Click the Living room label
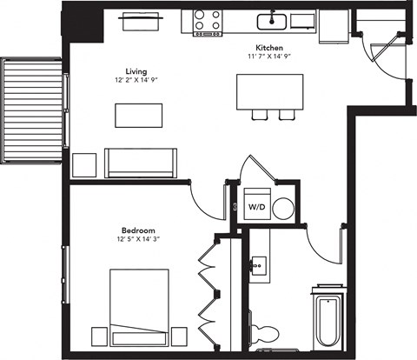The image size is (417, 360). click(x=134, y=71)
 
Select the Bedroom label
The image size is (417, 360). click(x=132, y=231)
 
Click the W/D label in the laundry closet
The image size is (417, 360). click(x=257, y=208)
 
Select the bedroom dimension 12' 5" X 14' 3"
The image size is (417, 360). click(x=132, y=241)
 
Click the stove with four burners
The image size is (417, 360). click(x=207, y=21)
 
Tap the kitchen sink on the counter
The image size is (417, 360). click(x=272, y=21)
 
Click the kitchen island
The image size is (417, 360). click(x=269, y=90)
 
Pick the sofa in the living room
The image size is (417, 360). click(x=141, y=163)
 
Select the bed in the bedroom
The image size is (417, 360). click(x=139, y=307)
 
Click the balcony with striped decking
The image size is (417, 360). click(x=32, y=110)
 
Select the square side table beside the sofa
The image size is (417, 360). click(x=84, y=164)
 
